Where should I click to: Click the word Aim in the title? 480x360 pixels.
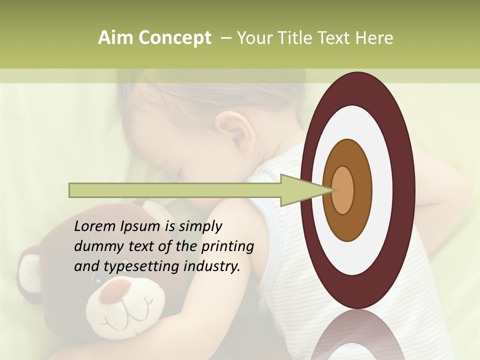116,38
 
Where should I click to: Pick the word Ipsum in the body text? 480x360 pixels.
140,226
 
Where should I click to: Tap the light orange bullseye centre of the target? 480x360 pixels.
343,190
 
